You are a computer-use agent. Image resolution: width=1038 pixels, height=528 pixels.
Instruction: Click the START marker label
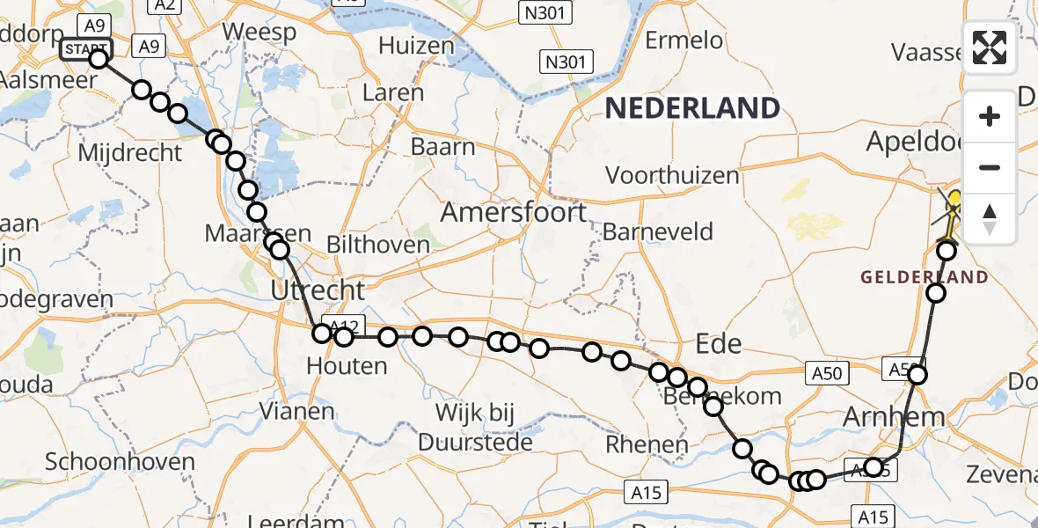point(86,50)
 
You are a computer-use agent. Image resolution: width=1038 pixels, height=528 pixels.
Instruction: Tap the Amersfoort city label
point(514,212)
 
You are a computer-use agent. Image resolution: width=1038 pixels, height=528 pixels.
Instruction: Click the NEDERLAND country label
point(693,108)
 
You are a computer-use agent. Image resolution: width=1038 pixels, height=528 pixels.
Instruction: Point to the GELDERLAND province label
point(924,277)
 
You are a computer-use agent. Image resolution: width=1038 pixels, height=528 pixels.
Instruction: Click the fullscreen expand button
point(990,47)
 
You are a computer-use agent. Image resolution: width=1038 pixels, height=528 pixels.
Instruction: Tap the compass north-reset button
point(990,217)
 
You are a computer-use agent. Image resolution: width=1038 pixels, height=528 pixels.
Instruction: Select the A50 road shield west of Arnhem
point(827,373)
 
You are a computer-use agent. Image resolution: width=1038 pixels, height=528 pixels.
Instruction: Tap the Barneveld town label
point(658,232)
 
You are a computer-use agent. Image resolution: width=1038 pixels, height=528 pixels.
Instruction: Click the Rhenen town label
point(646,445)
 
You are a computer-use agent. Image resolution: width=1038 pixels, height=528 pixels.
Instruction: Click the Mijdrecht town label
point(129,153)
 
